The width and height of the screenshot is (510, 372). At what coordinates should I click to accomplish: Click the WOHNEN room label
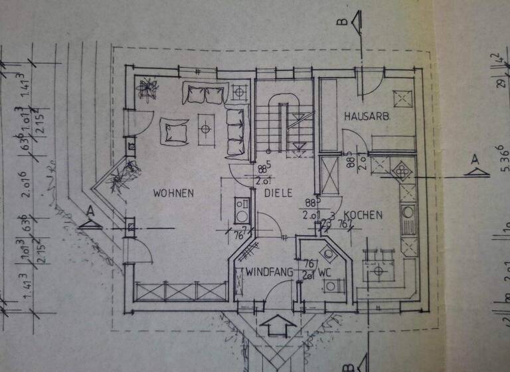[173, 193]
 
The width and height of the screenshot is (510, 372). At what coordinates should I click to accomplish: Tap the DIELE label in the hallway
[278, 193]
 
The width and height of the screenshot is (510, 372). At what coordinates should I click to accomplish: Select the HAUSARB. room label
[366, 116]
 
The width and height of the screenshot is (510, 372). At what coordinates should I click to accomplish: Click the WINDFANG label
[269, 272]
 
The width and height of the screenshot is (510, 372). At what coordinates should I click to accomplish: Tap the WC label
[324, 272]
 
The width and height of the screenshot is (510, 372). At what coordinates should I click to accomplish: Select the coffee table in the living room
[207, 124]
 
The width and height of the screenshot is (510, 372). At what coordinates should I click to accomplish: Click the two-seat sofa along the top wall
[205, 94]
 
